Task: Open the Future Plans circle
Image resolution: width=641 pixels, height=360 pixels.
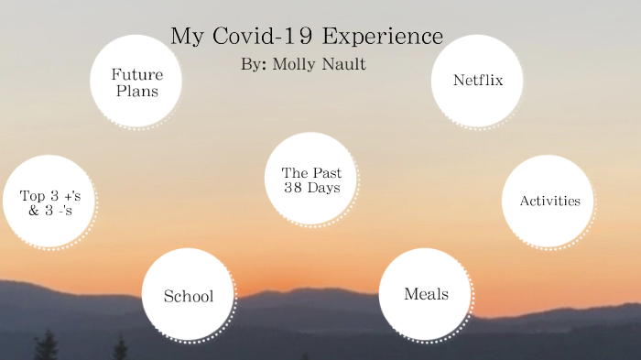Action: click(136, 82)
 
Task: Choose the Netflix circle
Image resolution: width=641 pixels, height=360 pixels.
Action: click(477, 81)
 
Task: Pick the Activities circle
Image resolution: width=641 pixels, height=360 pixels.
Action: click(549, 202)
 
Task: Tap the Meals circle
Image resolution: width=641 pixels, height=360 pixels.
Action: click(426, 294)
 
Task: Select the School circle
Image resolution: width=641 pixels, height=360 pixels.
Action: click(188, 296)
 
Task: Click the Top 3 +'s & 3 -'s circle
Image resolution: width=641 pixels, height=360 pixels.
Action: click(49, 202)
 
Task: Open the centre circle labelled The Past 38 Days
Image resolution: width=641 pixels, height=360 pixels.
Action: click(310, 180)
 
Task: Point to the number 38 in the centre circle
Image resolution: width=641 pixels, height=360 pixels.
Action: click(293, 188)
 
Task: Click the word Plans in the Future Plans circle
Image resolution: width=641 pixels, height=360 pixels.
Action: click(137, 91)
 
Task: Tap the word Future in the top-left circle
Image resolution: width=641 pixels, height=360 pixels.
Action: click(136, 74)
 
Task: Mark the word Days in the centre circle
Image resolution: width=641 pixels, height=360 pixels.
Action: click(324, 188)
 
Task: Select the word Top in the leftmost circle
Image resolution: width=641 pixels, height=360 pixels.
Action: click(34, 195)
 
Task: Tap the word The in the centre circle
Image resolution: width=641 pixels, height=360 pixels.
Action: click(294, 172)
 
